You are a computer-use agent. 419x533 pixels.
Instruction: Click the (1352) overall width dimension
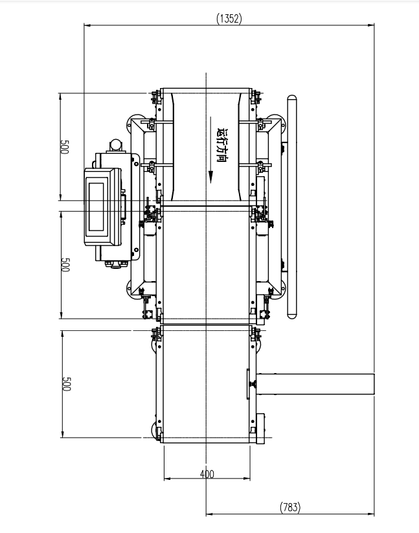229,18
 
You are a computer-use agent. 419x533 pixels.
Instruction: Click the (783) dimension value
290,507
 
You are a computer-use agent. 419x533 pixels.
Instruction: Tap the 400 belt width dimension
207,474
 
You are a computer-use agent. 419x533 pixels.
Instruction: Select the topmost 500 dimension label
65,147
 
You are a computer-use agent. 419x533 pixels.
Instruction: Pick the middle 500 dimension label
65,265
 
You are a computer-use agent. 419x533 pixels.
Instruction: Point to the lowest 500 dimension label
66,384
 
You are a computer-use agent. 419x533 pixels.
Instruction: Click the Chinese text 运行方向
221,145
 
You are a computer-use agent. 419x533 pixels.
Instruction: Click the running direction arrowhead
210,177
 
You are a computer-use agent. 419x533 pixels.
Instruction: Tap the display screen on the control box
96,207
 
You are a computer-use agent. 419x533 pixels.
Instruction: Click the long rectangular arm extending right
315,384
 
